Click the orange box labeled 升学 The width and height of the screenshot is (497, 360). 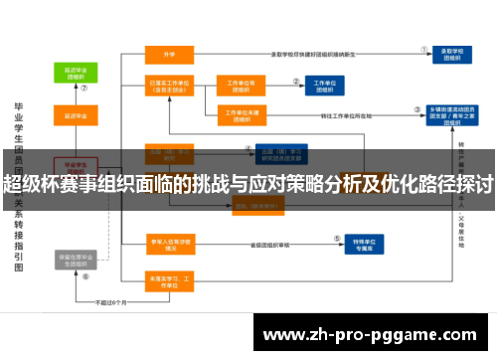(x=170, y=55)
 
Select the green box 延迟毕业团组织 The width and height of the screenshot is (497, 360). (x=75, y=73)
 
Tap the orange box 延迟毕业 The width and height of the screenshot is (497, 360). (x=75, y=117)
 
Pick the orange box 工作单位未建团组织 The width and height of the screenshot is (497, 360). (x=243, y=116)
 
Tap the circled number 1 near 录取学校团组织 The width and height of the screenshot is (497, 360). (x=425, y=47)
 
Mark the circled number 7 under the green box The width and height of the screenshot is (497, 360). (x=84, y=88)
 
